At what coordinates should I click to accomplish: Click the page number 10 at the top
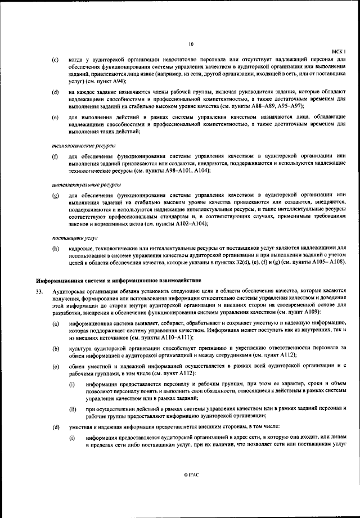(191, 43)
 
